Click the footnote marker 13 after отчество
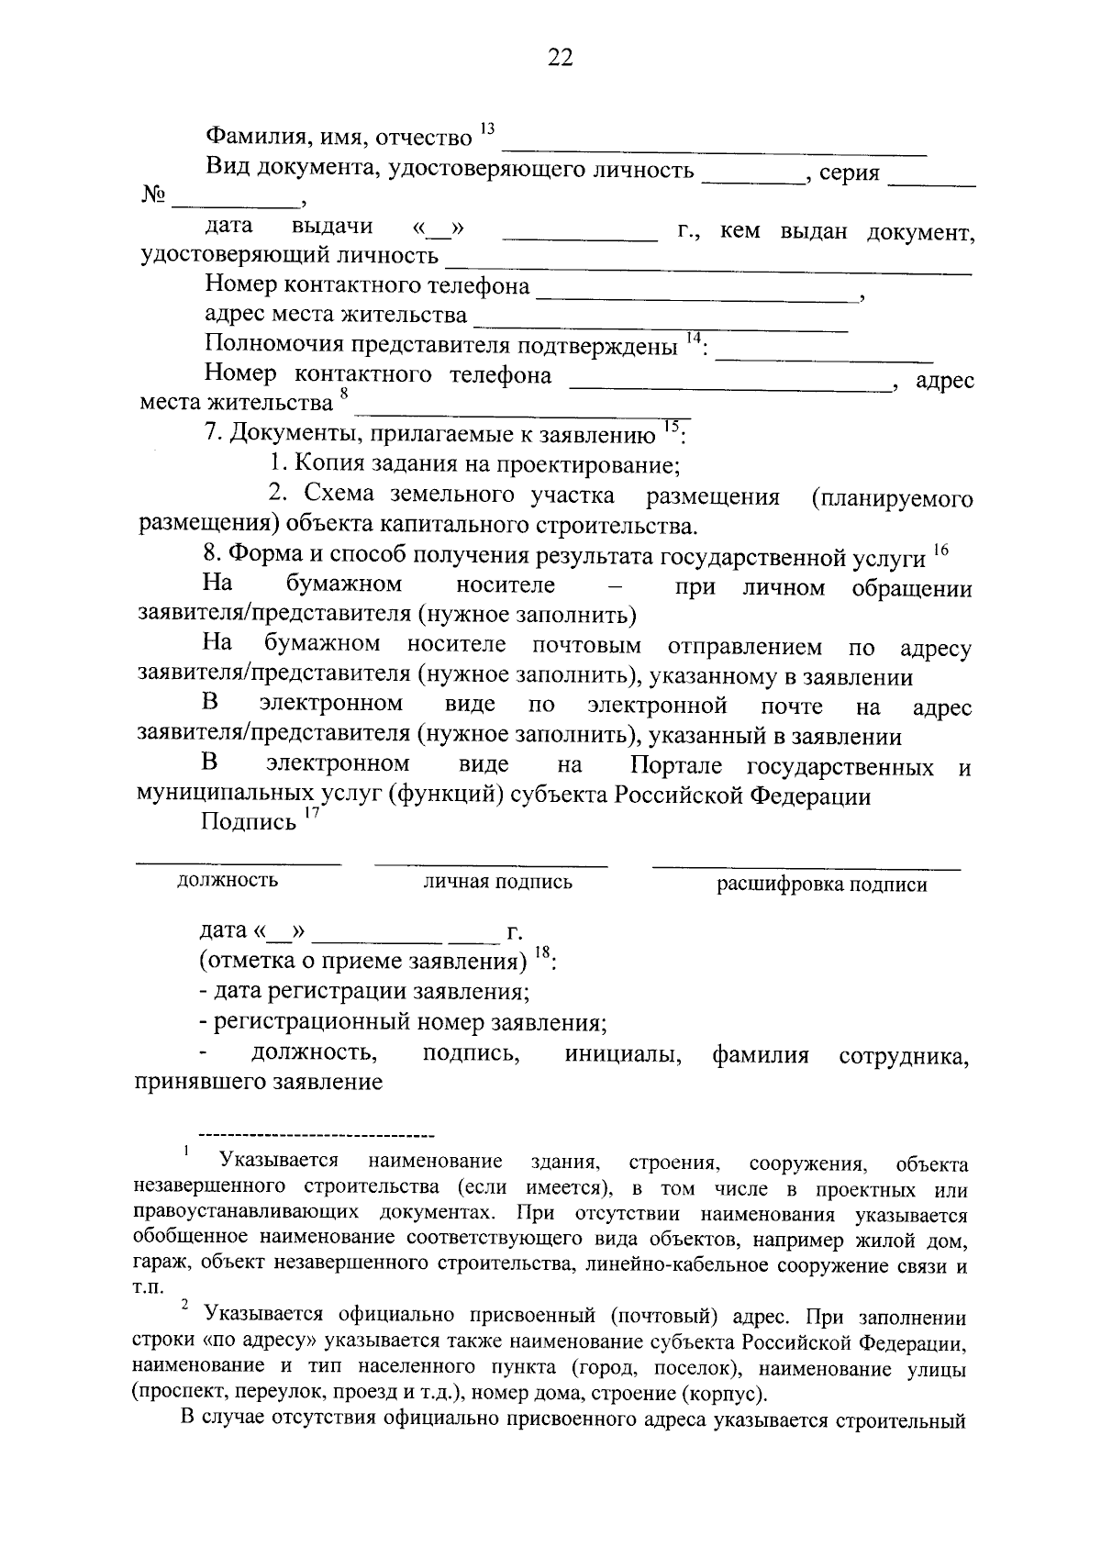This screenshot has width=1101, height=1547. pos(486,128)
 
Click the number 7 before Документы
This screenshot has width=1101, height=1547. pos(210,433)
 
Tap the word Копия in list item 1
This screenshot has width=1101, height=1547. pos(323,464)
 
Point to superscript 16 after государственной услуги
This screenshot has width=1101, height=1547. pos(940,550)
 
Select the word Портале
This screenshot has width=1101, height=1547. pos(675,766)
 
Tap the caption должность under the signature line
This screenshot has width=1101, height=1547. pos(228,881)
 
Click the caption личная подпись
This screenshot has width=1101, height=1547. pos(497,883)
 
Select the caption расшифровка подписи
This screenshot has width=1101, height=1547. pos(821,885)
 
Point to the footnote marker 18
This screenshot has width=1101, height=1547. pos(541,955)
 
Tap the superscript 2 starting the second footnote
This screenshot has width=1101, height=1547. pos(184,1305)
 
